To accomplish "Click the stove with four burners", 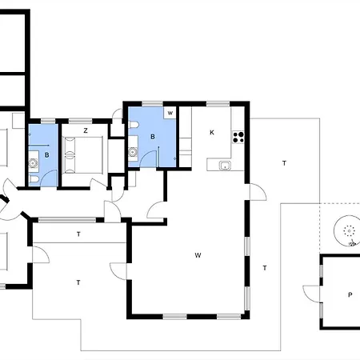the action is point(238,137).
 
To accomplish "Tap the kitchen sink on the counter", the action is point(225,166).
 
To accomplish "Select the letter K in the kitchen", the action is point(212,133).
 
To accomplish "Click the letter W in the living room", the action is point(198,255).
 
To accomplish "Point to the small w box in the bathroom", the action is point(170,113).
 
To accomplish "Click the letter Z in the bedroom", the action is point(86,130).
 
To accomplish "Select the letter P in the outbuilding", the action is point(350,294).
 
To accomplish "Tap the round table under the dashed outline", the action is point(346,230).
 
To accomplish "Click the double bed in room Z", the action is point(82,155).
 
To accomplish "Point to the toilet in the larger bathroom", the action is point(134,125).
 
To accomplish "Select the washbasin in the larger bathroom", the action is point(133,152).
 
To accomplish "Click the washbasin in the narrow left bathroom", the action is point(34,162).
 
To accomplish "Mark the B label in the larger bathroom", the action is point(153,137).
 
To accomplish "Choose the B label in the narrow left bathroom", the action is point(47,155).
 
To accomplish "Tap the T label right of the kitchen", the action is point(284,163).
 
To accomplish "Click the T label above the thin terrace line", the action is point(78,234).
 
